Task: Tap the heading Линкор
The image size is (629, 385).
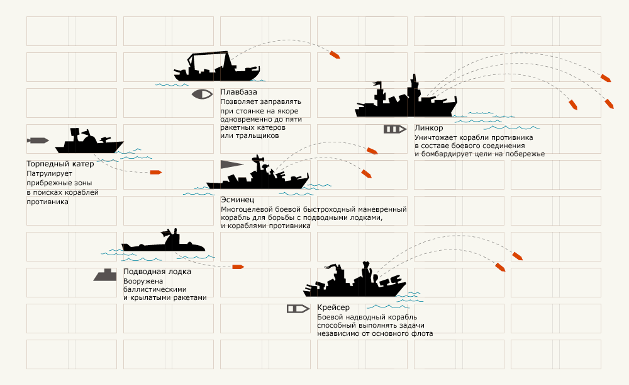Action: click(429, 129)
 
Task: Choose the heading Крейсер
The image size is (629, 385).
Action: click(333, 307)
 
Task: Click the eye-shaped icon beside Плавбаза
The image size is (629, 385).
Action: click(203, 94)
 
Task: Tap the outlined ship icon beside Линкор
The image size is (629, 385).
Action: click(394, 129)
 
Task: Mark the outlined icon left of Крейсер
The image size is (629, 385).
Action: click(298, 309)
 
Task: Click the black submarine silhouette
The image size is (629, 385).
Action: click(164, 243)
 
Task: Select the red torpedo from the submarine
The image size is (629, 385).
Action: click(238, 267)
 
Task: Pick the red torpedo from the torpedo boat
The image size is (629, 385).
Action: click(156, 172)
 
